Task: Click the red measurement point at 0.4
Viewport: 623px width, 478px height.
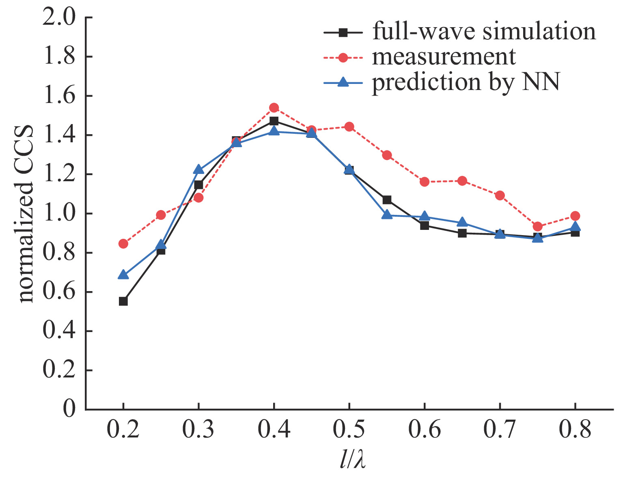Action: [x=274, y=108]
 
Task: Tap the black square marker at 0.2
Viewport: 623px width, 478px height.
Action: [x=123, y=301]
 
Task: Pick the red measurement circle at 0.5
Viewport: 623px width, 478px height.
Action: [x=349, y=126]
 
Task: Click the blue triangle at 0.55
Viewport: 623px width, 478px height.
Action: [x=387, y=215]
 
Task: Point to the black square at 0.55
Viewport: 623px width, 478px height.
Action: [x=387, y=200]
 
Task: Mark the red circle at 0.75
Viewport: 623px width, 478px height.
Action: [x=537, y=226]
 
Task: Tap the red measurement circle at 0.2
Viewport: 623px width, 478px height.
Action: [x=123, y=244]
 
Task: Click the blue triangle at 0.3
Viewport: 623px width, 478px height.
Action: [x=198, y=169]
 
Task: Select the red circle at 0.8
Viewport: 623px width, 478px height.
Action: [x=575, y=216]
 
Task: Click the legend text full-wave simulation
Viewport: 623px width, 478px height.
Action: [x=484, y=32]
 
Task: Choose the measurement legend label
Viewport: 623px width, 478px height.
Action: [x=444, y=57]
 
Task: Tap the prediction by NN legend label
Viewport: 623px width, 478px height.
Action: [x=466, y=82]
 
